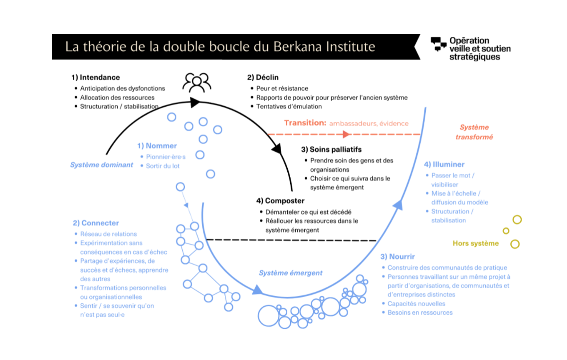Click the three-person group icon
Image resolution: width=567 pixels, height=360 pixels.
point(196,82)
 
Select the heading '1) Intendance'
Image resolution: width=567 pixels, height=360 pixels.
point(95,77)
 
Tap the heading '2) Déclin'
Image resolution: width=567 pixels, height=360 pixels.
point(263,77)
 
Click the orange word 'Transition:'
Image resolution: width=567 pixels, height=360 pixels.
point(305,123)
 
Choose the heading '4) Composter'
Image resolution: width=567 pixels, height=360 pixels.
point(280,201)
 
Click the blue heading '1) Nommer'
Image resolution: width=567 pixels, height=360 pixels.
point(157,146)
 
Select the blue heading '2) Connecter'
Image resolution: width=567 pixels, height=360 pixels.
point(96,223)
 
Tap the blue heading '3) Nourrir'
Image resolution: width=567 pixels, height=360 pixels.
point(398,257)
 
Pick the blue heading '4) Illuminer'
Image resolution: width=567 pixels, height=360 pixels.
point(444,164)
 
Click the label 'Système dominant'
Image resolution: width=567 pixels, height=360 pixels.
point(102,165)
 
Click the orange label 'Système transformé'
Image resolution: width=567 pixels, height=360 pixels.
point(474,132)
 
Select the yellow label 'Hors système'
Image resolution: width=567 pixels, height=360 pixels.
point(475,243)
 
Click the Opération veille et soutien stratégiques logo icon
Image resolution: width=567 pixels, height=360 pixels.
point(438,44)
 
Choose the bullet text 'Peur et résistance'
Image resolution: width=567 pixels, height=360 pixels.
point(282,88)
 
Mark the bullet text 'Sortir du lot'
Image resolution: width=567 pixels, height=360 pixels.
point(163,166)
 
